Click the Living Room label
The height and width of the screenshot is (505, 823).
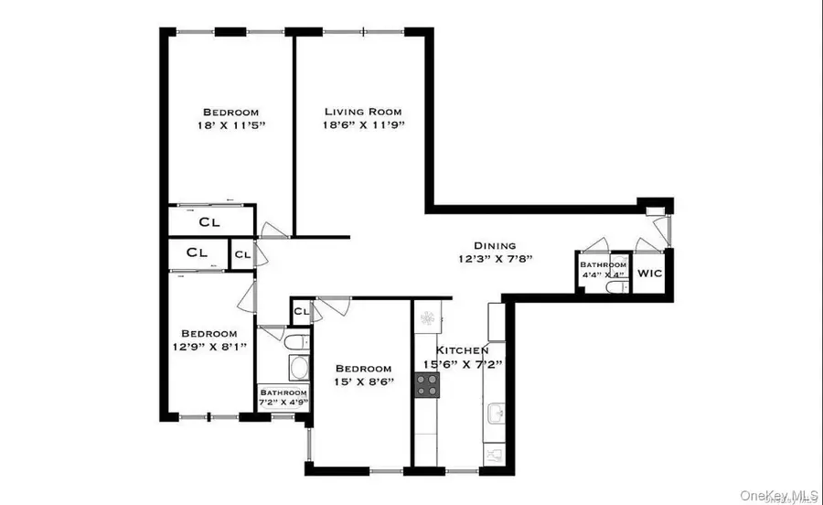click(363, 112)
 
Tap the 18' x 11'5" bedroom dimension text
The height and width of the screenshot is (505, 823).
click(230, 124)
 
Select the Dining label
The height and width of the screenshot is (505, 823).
click(495, 245)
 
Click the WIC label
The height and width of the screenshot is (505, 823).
click(649, 273)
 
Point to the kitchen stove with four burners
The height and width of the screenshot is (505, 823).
click(427, 385)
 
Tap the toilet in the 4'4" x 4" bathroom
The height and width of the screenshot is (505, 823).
click(616, 287)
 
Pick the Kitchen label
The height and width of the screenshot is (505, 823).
click(462, 350)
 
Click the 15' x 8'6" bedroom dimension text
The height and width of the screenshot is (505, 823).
click(363, 381)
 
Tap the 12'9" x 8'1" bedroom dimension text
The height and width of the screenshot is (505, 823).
click(208, 346)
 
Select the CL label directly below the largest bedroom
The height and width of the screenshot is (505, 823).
click(208, 221)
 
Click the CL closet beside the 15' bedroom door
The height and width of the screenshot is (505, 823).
click(300, 313)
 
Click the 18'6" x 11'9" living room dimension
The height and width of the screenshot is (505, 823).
click(363, 124)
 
